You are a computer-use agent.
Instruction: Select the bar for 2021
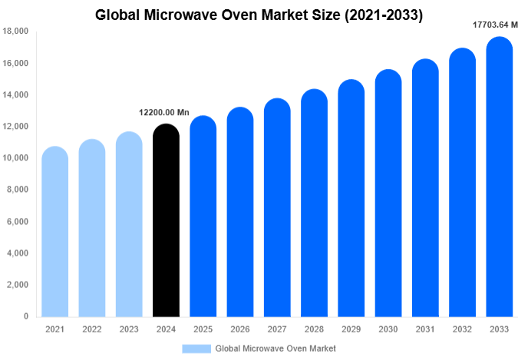click(x=54, y=231)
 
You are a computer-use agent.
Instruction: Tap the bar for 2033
click(x=499, y=177)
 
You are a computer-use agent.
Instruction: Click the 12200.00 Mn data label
click(x=163, y=112)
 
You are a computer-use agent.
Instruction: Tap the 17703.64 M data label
click(x=494, y=25)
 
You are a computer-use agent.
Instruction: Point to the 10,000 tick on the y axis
click(x=15, y=158)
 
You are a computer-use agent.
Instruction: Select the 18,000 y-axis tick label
click(x=15, y=31)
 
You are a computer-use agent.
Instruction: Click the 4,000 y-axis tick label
click(x=18, y=253)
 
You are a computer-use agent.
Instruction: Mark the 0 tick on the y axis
click(x=25, y=316)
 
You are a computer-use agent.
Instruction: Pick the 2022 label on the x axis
click(x=91, y=329)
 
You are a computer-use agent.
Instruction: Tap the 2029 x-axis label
click(x=351, y=329)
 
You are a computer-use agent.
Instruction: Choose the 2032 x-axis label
click(x=462, y=329)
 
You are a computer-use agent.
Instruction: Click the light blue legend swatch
click(x=196, y=348)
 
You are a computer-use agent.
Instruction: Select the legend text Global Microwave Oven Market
click(x=275, y=348)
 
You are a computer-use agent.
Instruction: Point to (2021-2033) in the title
click(x=379, y=15)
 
